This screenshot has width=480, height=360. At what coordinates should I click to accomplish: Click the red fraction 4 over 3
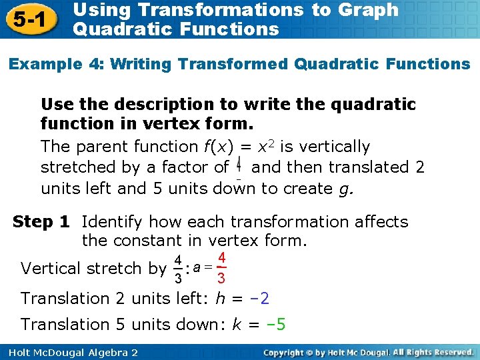(221, 268)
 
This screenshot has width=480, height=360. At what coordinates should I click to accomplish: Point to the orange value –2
(256, 299)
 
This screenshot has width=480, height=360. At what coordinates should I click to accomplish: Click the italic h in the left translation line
(221, 299)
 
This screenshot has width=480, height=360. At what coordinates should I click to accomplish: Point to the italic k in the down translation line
(237, 325)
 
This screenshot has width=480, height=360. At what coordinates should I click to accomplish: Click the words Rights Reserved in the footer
(439, 351)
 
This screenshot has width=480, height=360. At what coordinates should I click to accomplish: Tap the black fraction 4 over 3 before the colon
(178, 268)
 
